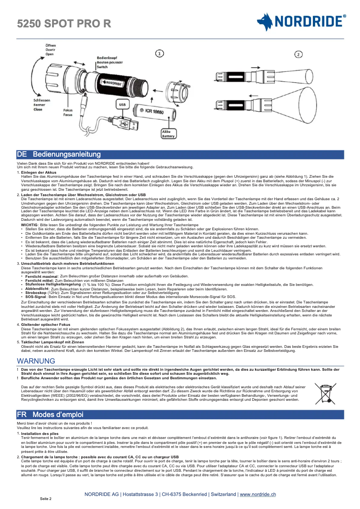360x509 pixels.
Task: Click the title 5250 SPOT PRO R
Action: (x=64, y=24)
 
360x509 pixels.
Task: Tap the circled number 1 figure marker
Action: (x=159, y=53)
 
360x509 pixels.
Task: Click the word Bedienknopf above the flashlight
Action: (x=107, y=58)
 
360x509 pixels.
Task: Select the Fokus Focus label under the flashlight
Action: (x=68, y=112)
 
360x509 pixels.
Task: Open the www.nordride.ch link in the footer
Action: (x=258, y=494)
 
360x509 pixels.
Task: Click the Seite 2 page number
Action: (x=46, y=499)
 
